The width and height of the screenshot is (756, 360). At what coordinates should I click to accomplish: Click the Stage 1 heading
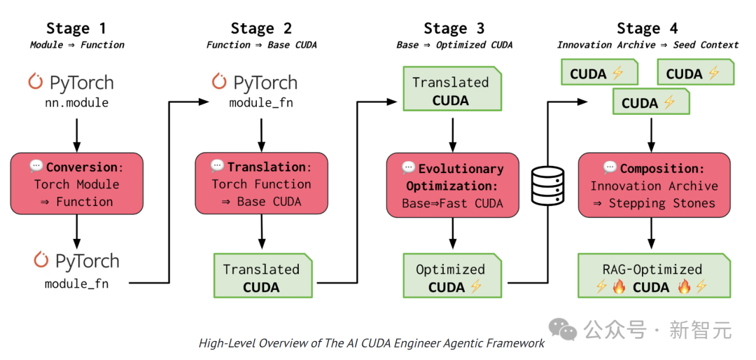pyautogui.click(x=77, y=29)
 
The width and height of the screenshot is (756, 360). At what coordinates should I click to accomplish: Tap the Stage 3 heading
pyautogui.click(x=454, y=29)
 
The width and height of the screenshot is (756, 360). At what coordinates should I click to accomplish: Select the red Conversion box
pyautogui.click(x=77, y=184)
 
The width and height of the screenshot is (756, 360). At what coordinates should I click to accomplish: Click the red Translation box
pyautogui.click(x=261, y=184)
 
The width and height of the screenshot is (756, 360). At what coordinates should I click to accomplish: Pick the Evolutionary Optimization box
pyautogui.click(x=452, y=186)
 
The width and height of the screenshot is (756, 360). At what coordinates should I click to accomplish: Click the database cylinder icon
pyautogui.click(x=547, y=185)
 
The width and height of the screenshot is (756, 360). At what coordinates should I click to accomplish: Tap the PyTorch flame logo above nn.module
pyautogui.click(x=36, y=81)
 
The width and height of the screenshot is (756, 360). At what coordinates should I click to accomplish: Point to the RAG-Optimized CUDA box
pyautogui.click(x=654, y=276)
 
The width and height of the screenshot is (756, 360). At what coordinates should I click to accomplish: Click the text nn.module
pyautogui.click(x=77, y=103)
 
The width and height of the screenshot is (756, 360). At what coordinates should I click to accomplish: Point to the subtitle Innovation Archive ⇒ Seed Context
pyautogui.click(x=647, y=45)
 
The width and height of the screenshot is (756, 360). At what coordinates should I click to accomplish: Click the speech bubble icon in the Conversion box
pyautogui.click(x=36, y=167)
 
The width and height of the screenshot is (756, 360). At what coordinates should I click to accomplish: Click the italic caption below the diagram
pyautogui.click(x=371, y=343)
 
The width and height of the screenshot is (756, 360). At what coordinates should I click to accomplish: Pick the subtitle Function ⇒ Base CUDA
pyautogui.click(x=261, y=45)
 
